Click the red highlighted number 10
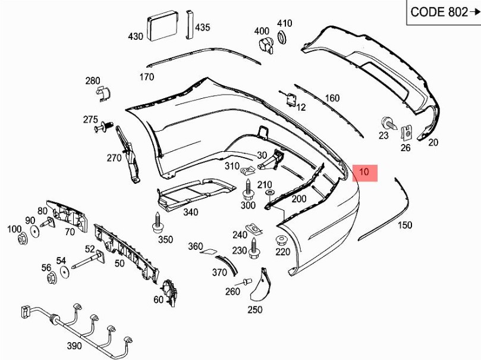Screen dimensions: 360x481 point(364,173)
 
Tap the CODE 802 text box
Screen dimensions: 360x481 point(443,12)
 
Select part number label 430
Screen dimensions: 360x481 point(136,36)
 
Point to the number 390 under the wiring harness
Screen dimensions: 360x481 point(74,346)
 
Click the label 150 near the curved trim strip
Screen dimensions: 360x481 point(404,225)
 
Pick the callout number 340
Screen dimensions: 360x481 point(190,212)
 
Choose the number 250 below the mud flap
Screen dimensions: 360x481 point(254,309)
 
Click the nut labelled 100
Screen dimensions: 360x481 point(23,239)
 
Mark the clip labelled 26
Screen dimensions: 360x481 point(407,130)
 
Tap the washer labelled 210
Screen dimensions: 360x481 point(269,194)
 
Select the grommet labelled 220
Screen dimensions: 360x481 point(281,240)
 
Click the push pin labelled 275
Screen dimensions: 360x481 point(106,126)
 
